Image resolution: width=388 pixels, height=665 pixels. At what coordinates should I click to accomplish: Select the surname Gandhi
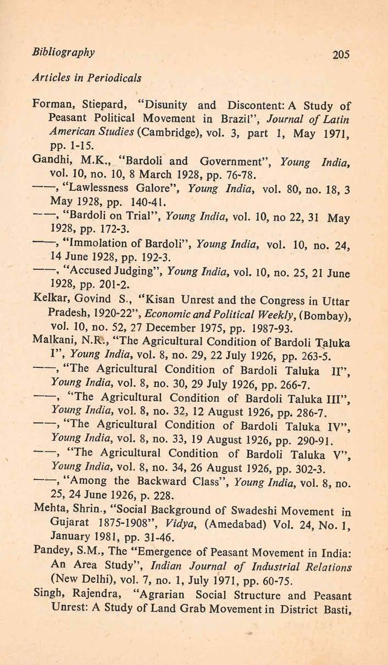click(51, 162)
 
